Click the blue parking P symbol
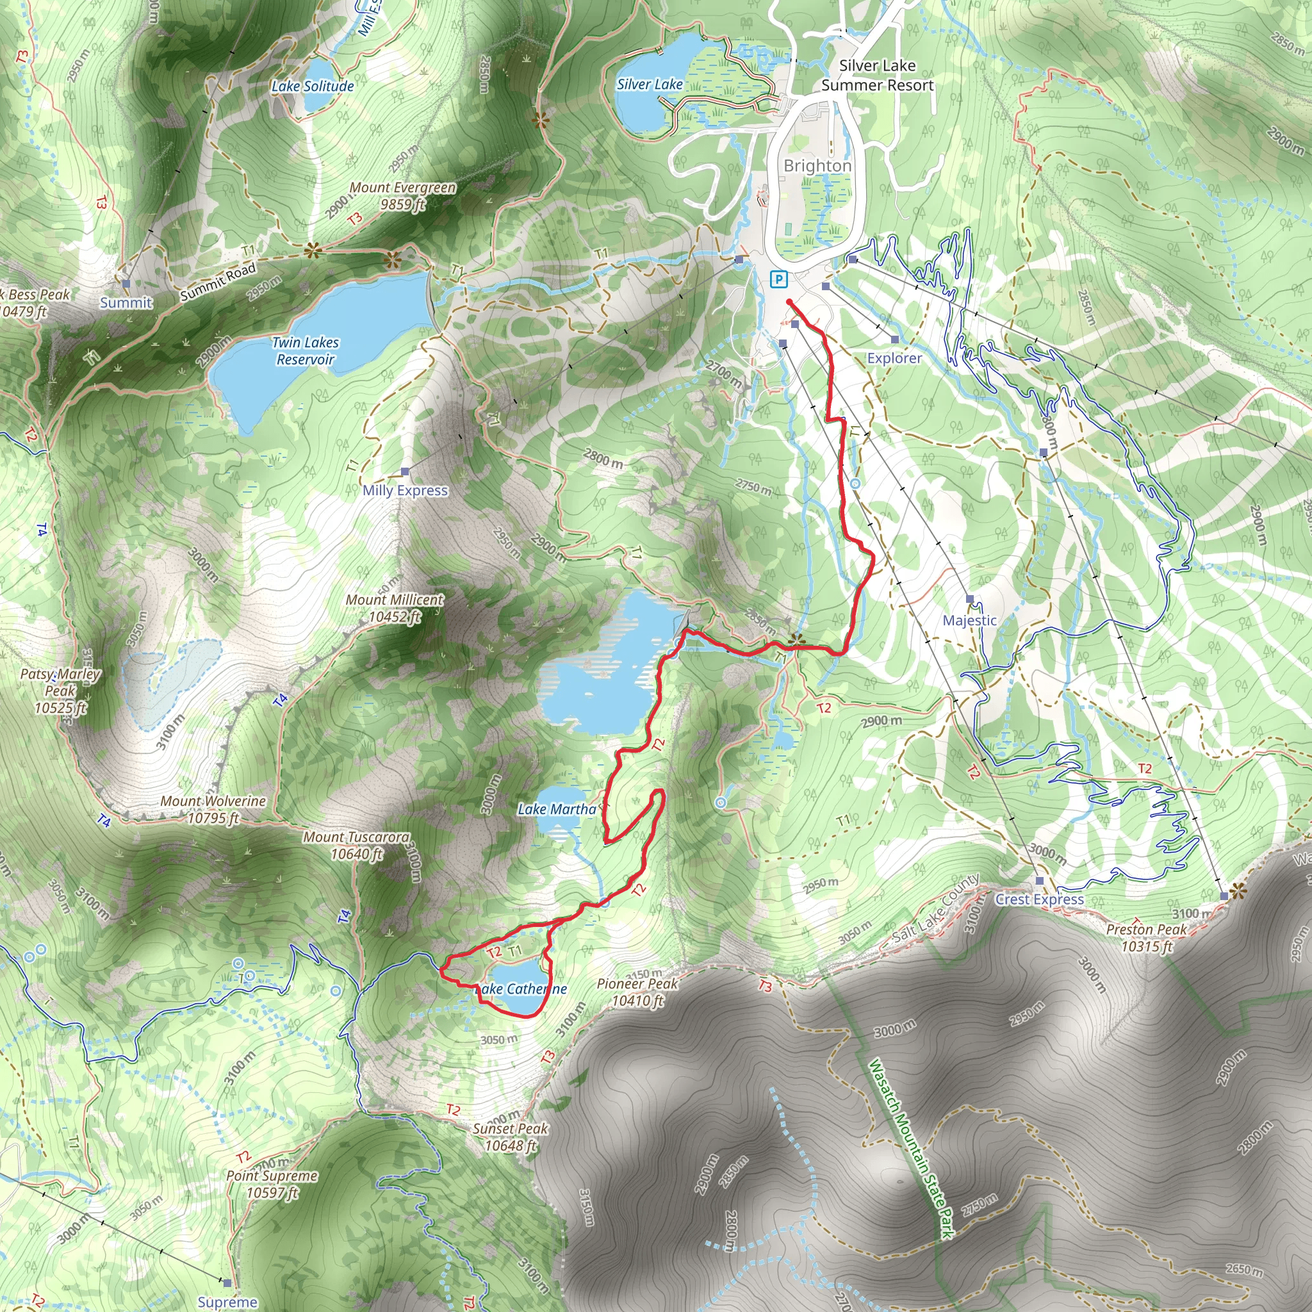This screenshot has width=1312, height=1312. [x=778, y=279]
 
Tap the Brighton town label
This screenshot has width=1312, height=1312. [x=817, y=166]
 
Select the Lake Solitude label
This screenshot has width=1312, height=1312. [x=313, y=86]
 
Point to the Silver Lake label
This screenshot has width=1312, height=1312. [x=649, y=84]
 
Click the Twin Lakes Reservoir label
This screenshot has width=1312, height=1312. [x=306, y=351]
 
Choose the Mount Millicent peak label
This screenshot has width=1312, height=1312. [x=395, y=608]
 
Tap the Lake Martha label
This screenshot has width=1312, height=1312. [x=557, y=809]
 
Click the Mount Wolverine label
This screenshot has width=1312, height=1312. [x=213, y=810]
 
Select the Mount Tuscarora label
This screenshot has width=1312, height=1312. [x=357, y=846]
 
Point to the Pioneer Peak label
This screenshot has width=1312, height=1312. [x=637, y=992]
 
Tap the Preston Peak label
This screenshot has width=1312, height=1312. [x=1146, y=937]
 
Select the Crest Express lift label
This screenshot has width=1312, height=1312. [x=1039, y=899]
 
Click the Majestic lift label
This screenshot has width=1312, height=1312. [x=969, y=620]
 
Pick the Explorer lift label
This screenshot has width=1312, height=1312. [x=894, y=358]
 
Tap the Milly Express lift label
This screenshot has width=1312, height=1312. [x=405, y=490]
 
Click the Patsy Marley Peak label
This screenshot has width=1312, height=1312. [x=60, y=691]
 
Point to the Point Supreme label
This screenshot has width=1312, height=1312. [x=272, y=1184]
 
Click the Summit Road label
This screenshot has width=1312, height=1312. [x=217, y=282]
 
